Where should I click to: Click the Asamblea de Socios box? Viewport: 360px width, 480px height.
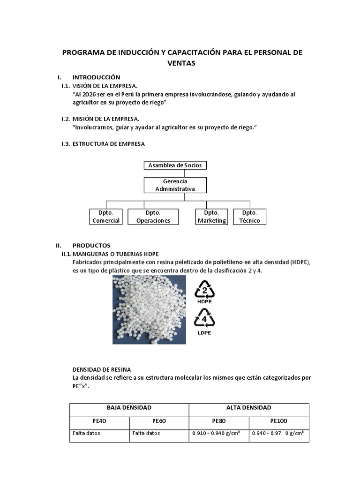[175, 165]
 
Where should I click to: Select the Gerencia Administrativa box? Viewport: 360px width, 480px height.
[175, 185]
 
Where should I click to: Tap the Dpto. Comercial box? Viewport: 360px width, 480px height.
[106, 217]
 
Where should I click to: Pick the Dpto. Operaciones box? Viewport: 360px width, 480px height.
[153, 217]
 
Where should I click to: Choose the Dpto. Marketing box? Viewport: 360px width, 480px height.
[211, 217]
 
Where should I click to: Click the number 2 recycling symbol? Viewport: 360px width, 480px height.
[204, 291]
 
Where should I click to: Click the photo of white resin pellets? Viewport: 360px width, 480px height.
[149, 310]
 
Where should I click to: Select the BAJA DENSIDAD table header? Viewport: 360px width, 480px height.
[129, 408]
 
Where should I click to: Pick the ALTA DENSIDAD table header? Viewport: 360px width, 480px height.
[248, 408]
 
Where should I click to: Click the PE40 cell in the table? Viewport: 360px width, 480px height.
[99, 421]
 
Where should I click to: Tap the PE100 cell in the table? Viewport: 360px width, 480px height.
[279, 421]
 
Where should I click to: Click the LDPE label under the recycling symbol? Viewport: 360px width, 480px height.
[204, 333]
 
